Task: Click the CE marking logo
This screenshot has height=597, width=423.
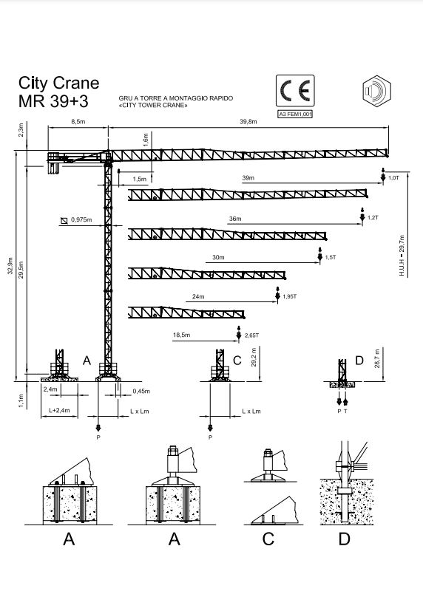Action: pyautogui.click(x=294, y=91)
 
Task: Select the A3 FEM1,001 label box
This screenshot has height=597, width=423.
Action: pyautogui.click(x=294, y=115)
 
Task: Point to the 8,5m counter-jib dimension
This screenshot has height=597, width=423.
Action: pyautogui.click(x=78, y=122)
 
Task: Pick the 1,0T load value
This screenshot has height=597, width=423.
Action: pyautogui.click(x=394, y=178)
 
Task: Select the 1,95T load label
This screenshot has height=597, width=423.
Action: pyautogui.click(x=290, y=296)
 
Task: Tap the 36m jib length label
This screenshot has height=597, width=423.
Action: pyautogui.click(x=235, y=219)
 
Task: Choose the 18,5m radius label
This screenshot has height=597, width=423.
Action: pyautogui.click(x=181, y=335)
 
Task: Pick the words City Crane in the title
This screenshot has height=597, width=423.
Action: pyautogui.click(x=59, y=83)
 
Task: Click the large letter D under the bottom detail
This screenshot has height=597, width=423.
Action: pyautogui.click(x=344, y=539)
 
